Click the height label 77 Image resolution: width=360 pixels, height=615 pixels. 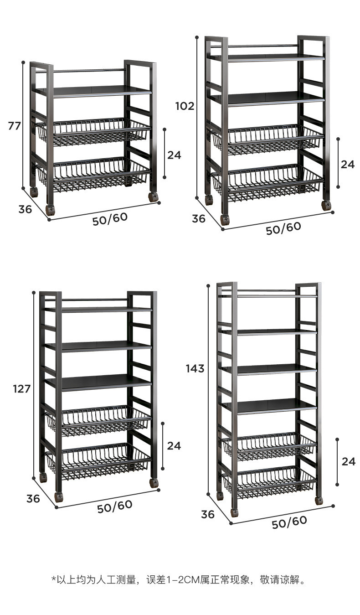click(15, 126)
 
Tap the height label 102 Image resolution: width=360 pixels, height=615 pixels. click(185, 106)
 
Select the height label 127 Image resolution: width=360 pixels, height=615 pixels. click(22, 389)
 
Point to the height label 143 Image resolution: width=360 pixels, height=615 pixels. click(195, 368)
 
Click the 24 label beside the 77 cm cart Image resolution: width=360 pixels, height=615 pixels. click(174, 155)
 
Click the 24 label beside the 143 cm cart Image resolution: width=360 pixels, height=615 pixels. click(348, 461)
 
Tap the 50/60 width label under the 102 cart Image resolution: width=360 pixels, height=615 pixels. click(283, 228)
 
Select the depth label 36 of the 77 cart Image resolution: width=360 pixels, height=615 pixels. click(25, 209)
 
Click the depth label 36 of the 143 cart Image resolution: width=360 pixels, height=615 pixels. click(207, 514)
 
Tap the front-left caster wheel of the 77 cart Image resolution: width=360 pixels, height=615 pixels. click(50, 210)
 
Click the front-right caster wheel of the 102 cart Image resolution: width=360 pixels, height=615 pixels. click(326, 205)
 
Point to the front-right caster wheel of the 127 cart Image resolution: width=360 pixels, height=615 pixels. click(154, 483)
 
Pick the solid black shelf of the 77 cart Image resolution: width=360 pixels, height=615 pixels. click(93, 91)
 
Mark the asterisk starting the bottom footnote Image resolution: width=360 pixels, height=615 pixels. click(53, 579)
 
